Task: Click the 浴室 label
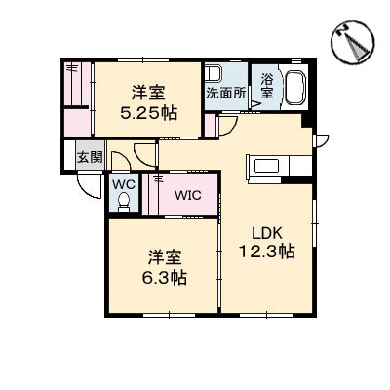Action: (x=266, y=86)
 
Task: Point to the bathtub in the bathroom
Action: (x=293, y=86)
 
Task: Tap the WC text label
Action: (x=123, y=182)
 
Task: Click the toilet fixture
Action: (x=123, y=201)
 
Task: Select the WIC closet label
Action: (x=187, y=194)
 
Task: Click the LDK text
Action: (x=267, y=233)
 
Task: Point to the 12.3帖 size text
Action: (x=267, y=252)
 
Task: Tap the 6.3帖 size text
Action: (x=166, y=276)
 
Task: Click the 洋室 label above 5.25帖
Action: (x=149, y=93)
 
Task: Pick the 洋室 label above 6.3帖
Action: (x=166, y=257)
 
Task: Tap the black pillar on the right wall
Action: (x=309, y=121)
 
